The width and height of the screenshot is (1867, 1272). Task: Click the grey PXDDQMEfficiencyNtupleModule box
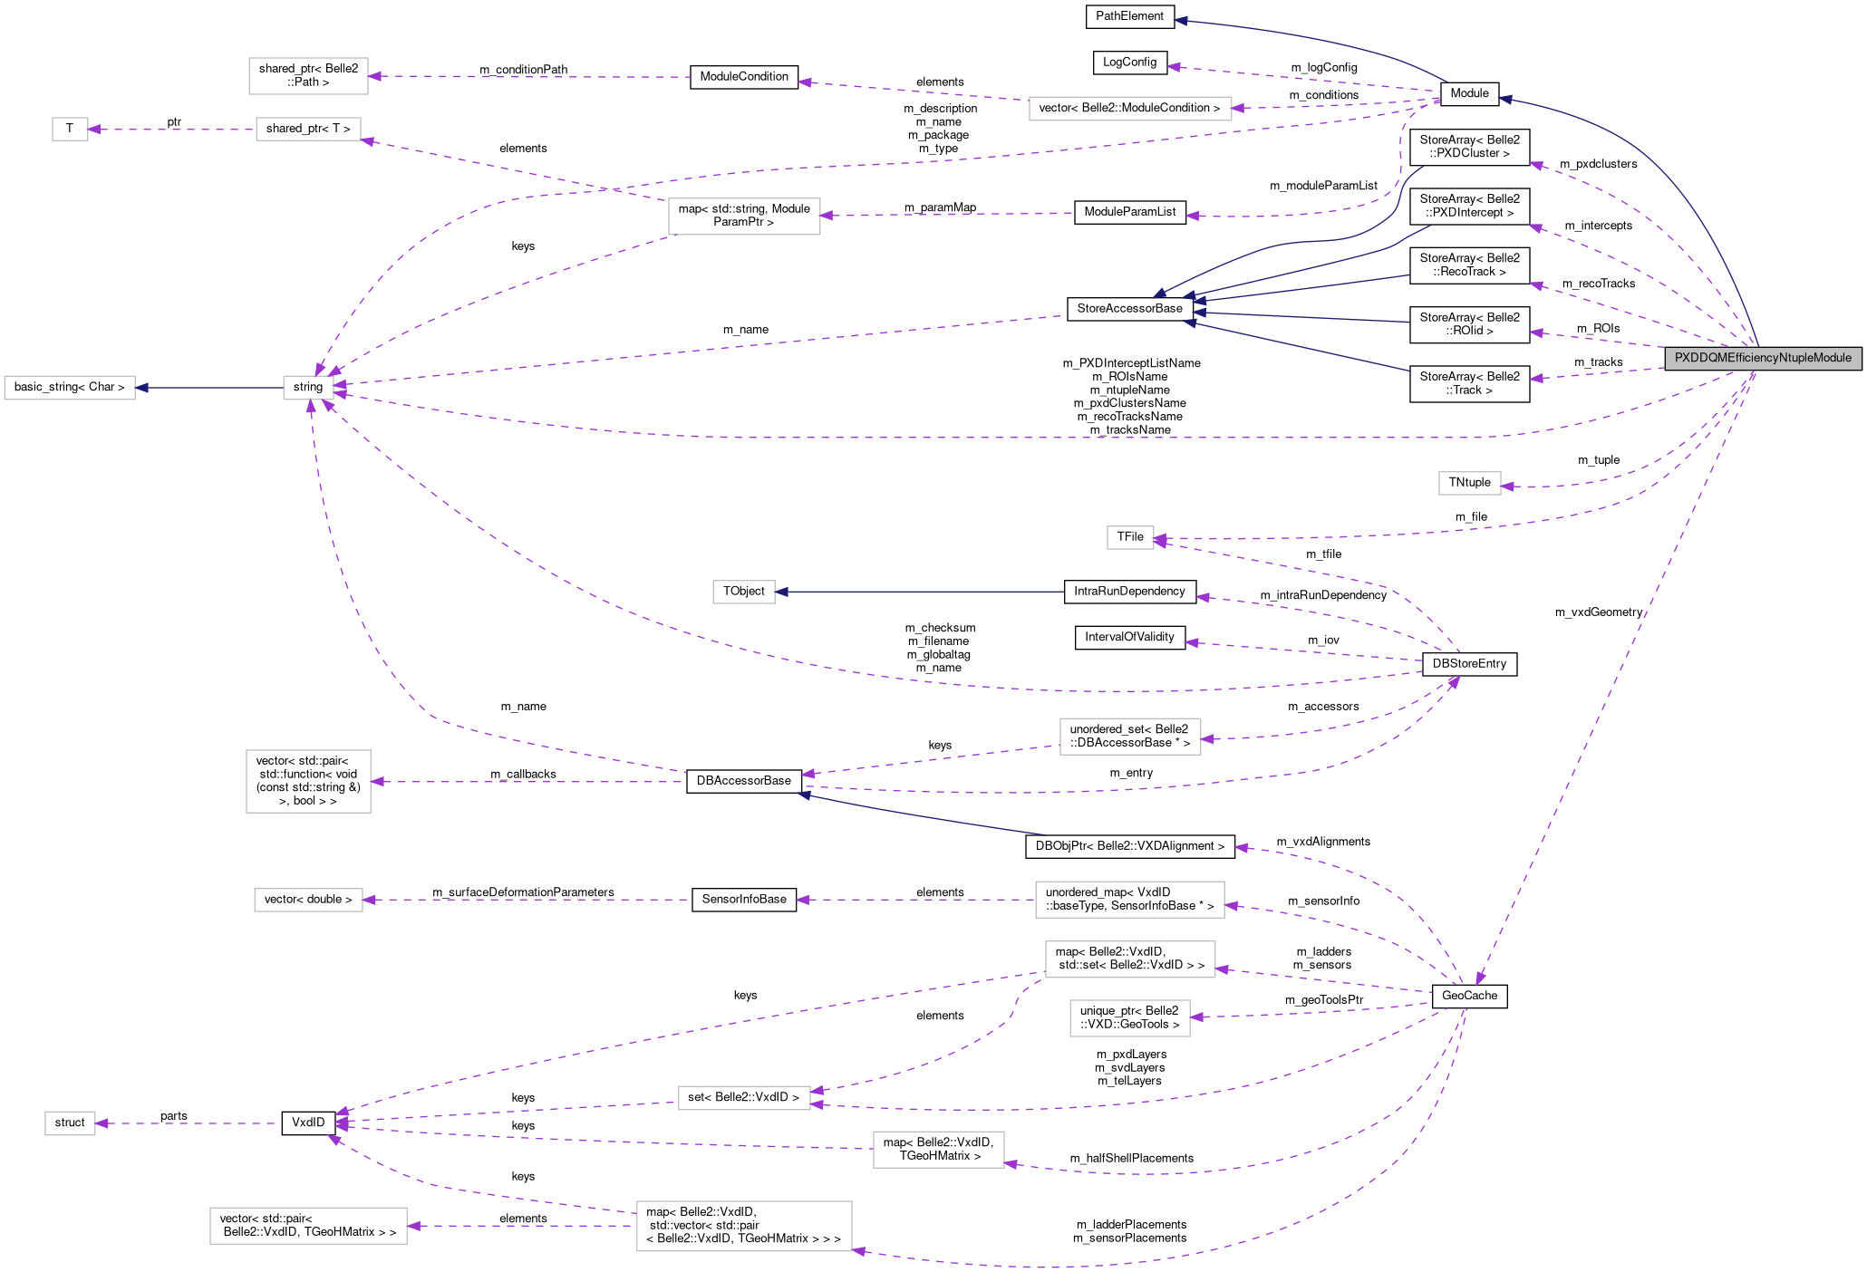coord(1763,358)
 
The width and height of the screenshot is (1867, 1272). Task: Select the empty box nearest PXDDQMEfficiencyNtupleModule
coord(1469,484)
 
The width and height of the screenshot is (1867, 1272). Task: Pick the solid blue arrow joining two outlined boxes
coord(208,389)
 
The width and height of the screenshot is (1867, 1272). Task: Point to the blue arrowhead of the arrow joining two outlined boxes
coord(142,389)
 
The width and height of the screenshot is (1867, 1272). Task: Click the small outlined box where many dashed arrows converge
coord(308,388)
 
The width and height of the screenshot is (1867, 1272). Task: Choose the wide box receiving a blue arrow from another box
coord(70,388)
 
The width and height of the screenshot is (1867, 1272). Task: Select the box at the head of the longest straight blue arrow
coord(743,592)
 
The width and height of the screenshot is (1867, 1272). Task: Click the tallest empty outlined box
coord(308,781)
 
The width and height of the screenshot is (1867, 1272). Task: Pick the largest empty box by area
coord(744,1226)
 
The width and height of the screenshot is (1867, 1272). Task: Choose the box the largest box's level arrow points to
coord(308,1226)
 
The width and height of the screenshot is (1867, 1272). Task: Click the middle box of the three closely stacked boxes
coord(1129,959)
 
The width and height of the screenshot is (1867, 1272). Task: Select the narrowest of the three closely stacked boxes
coord(1129,1018)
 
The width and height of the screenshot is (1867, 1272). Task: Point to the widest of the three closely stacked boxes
coord(1129,900)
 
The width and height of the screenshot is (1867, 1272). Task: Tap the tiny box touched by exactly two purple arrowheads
coord(1130,537)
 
